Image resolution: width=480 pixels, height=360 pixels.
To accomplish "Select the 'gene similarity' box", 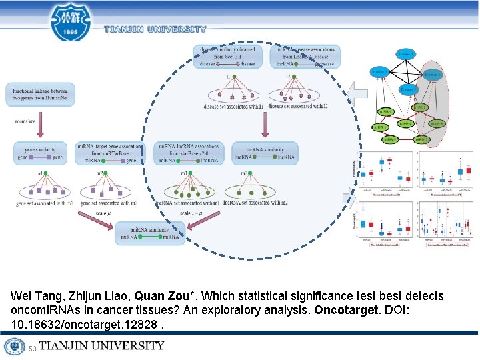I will pos(40,153).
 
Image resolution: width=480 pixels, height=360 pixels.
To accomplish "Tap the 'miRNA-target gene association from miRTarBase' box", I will pos(110,153).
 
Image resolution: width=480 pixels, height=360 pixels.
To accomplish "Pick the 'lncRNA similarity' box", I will pos(265,153).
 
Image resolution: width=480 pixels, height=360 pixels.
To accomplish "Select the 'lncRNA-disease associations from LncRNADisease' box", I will pos(305,57).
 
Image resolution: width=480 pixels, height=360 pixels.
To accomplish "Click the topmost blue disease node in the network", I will pos(404,53).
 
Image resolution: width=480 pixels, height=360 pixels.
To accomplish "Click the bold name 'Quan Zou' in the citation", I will pos(159,296).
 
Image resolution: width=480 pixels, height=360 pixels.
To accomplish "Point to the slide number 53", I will pos(33,347).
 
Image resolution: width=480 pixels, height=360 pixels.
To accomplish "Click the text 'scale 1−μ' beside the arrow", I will pos(192,213).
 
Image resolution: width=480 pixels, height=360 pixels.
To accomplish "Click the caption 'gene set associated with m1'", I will pos(44,203).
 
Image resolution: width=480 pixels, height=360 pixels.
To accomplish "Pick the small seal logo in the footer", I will pos(15,347).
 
